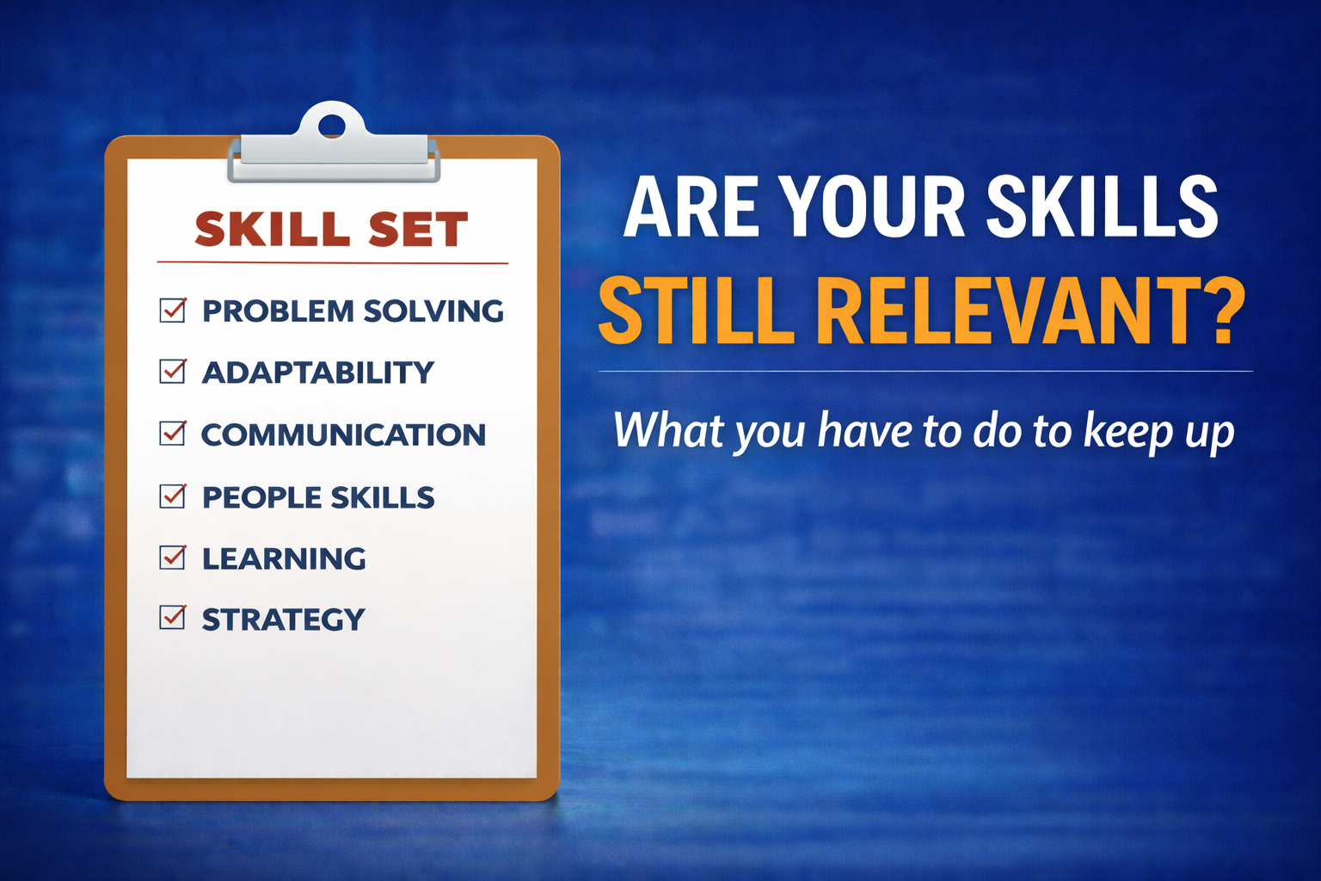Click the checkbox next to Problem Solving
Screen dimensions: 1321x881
173,311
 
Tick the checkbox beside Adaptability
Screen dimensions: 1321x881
173,371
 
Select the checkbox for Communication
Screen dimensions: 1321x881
173,433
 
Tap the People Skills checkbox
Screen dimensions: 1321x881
173,496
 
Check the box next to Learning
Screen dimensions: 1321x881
173,557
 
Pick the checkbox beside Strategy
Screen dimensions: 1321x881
173,617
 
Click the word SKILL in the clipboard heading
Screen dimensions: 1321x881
272,229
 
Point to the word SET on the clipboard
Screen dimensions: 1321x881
418,229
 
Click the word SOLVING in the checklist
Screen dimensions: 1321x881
433,311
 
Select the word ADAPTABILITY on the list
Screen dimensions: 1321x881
318,373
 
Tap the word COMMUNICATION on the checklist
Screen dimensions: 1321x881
344,434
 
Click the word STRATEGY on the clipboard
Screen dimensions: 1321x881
284,619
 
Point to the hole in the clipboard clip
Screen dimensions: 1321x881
332,126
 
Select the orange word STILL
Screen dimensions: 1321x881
697,311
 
